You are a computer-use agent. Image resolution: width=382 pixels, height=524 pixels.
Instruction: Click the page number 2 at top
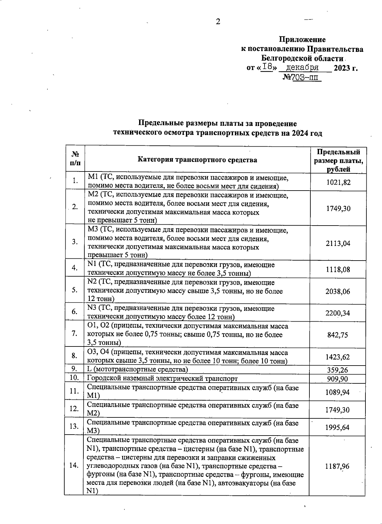point(218,22)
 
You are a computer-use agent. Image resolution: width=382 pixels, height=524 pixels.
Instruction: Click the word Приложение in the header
point(302,39)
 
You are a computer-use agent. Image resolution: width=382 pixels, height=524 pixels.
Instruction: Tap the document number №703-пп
point(302,77)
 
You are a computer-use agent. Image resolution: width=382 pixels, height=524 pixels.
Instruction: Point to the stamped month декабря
point(302,67)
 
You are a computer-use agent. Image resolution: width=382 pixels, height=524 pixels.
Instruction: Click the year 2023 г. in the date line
point(345,68)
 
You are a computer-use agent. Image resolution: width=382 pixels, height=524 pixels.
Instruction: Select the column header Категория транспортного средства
point(197,160)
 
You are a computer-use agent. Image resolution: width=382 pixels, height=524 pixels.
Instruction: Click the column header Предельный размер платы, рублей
point(338,160)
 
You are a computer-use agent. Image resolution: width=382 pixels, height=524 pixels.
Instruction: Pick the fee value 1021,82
point(338,182)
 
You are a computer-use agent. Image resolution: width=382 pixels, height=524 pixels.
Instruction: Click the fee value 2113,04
point(338,243)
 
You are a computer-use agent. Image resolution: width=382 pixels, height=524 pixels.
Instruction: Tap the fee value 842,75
point(338,335)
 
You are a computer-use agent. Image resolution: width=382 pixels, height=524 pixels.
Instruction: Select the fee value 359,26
point(338,370)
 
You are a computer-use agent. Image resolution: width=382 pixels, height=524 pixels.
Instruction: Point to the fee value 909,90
point(338,379)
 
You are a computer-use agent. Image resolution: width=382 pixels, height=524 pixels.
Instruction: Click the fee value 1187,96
point(337,466)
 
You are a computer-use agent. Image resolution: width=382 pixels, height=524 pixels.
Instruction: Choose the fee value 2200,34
point(338,313)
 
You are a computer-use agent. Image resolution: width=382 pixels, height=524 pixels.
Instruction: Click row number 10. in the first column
point(74,378)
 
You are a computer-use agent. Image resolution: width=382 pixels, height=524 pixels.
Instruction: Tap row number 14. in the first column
point(74,465)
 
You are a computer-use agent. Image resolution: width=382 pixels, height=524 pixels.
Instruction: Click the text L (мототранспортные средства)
point(138,369)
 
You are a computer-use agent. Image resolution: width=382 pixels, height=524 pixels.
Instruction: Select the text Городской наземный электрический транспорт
point(162,378)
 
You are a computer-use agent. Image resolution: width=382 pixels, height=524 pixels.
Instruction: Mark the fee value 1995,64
point(337,427)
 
